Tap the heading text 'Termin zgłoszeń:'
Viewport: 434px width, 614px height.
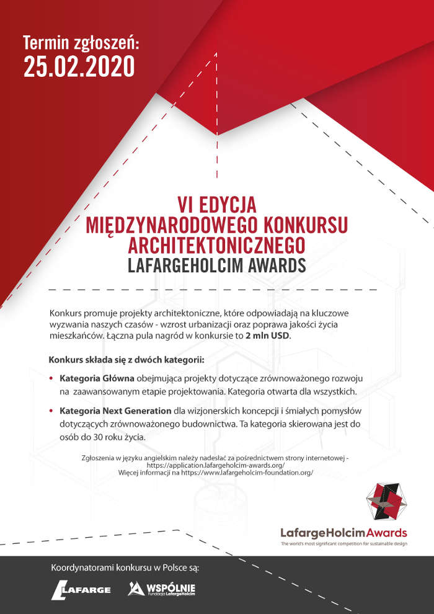(x=82, y=43)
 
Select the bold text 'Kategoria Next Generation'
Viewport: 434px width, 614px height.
(x=115, y=411)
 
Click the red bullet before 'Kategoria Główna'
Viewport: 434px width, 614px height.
(x=51, y=378)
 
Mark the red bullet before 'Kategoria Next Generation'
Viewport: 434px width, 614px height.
(x=51, y=411)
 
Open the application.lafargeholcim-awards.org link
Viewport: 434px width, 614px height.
(x=216, y=465)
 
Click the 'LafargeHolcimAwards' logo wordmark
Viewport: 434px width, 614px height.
(x=343, y=532)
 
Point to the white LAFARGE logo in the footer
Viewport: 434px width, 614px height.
(x=81, y=589)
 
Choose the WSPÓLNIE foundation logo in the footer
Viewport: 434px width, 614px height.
(x=162, y=589)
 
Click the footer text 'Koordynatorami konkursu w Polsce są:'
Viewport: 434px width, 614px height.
(x=134, y=567)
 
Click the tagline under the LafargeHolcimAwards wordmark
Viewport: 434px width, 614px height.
(x=343, y=543)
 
